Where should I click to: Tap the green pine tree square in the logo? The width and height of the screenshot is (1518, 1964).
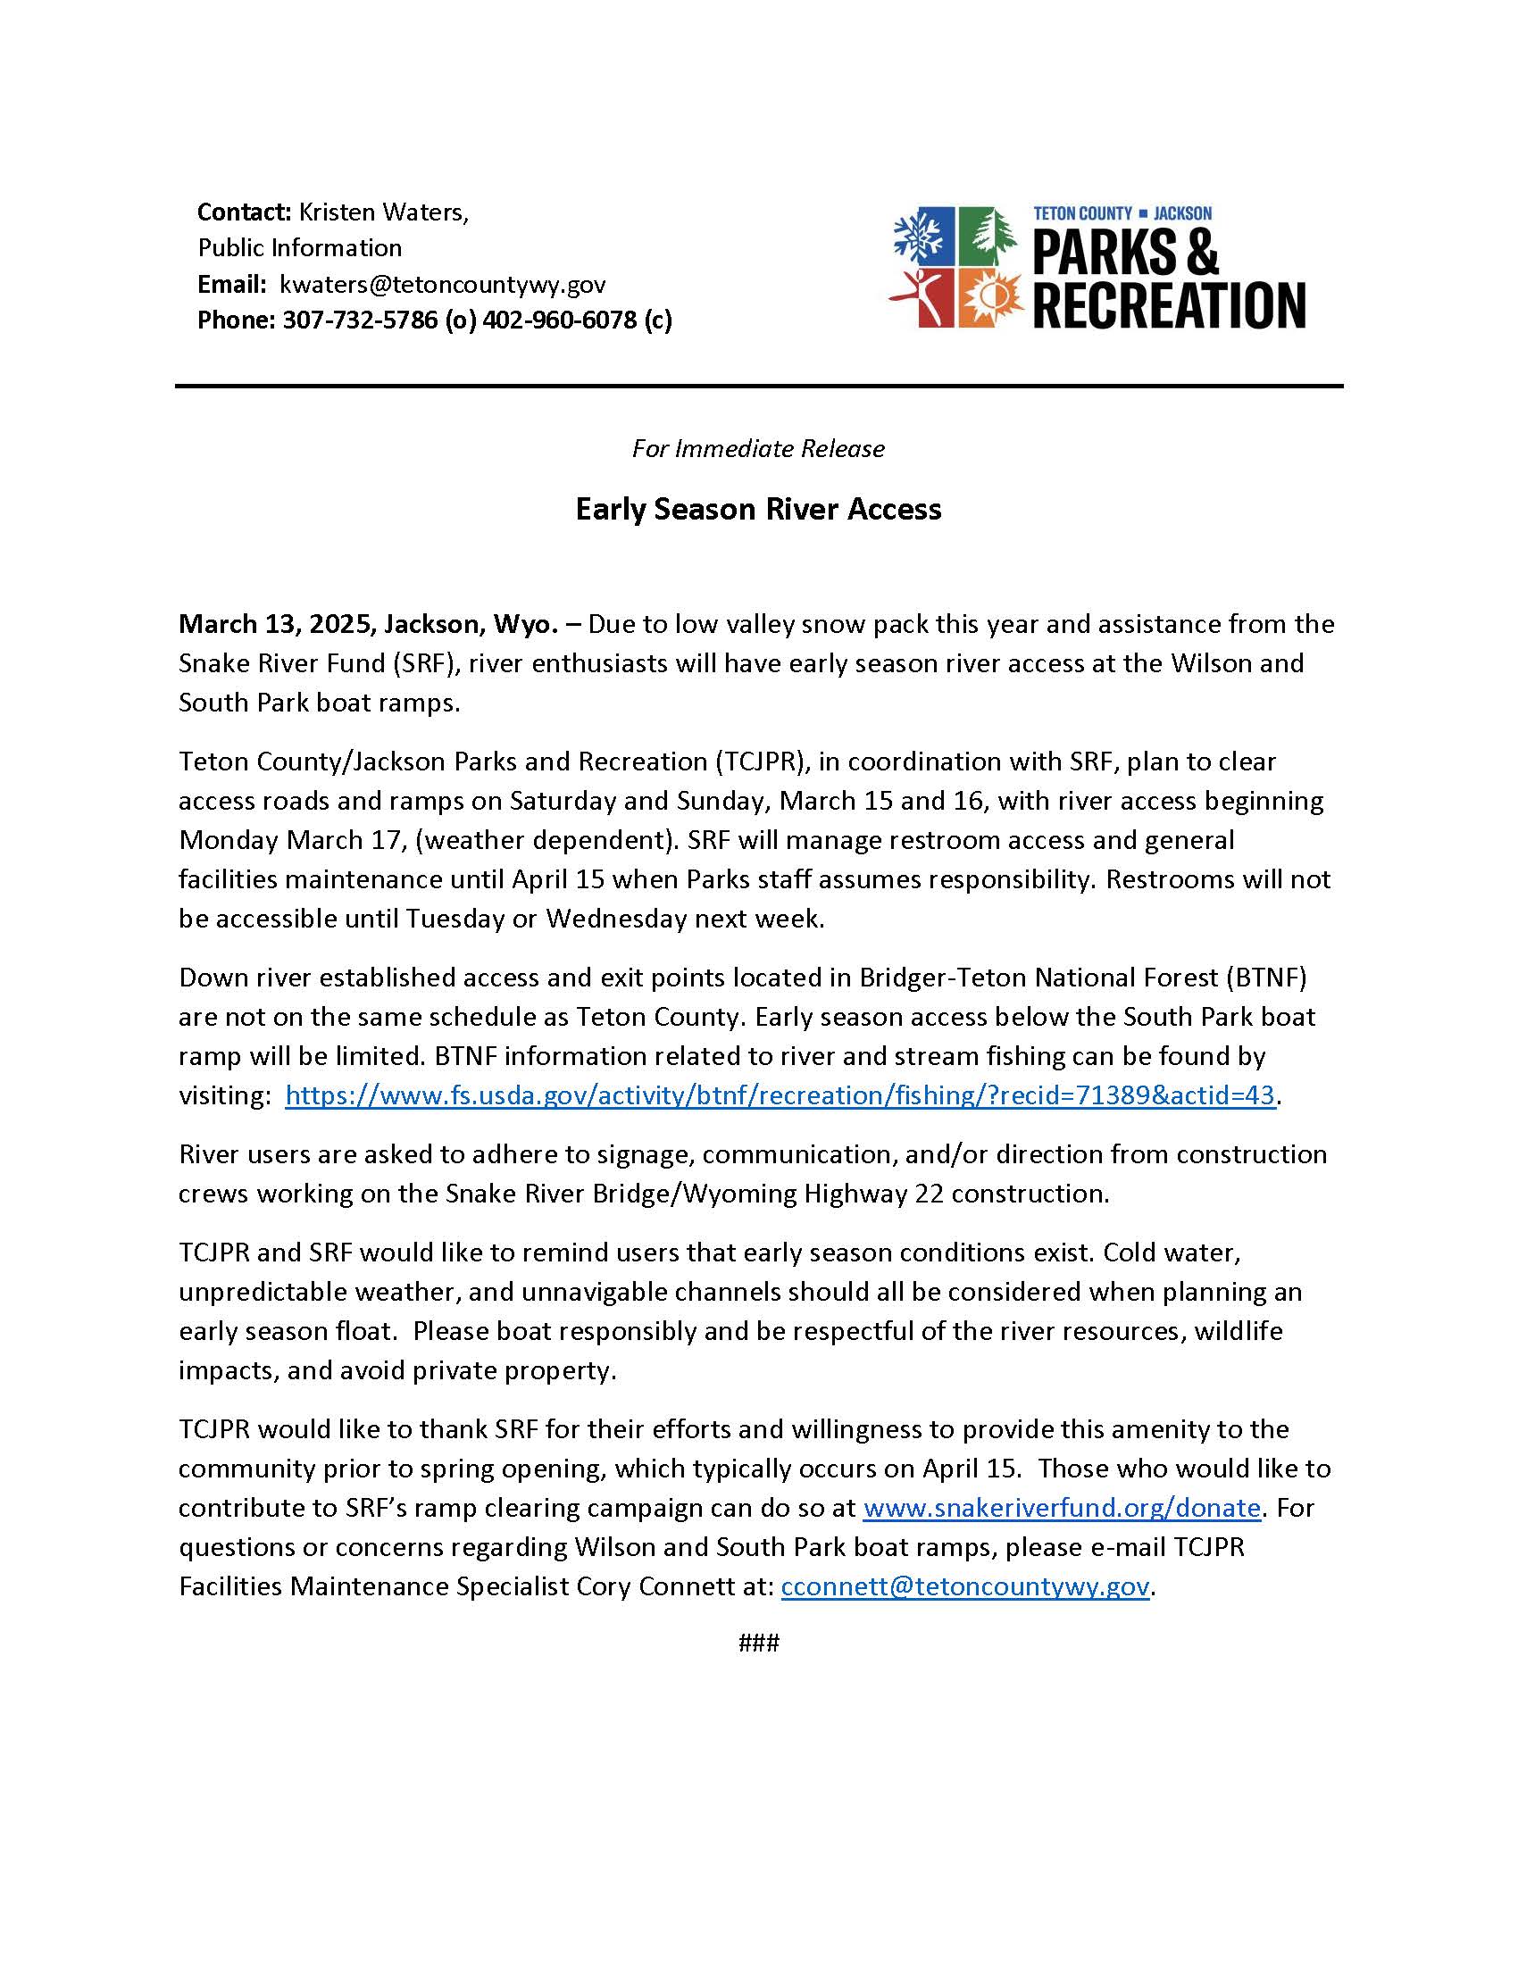988,237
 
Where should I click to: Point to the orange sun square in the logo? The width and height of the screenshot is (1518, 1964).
988,297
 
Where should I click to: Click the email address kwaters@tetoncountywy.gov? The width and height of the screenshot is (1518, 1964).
442,285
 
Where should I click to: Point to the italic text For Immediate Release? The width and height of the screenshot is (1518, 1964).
758,449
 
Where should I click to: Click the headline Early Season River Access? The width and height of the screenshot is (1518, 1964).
758,510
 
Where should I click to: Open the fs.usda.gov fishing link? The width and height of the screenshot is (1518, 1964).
780,1095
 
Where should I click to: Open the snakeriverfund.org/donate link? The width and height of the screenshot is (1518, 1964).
1062,1507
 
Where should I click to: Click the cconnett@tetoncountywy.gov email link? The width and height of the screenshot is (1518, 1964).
965,1586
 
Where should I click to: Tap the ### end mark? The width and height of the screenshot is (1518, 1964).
758,1644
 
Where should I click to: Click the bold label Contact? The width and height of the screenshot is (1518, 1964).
244,212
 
